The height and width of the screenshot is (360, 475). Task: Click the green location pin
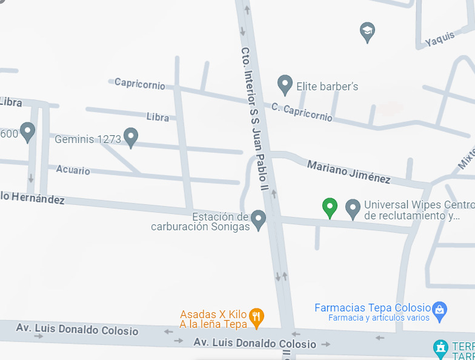(x=330, y=207)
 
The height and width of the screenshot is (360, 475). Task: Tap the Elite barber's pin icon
(x=285, y=85)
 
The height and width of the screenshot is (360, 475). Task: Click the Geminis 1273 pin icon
(x=131, y=138)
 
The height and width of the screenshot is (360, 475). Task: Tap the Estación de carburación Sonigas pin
(x=259, y=219)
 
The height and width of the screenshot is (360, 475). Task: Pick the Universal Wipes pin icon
(x=353, y=208)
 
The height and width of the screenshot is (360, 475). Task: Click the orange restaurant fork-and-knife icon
(x=257, y=316)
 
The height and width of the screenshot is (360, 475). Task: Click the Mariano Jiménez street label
(x=348, y=172)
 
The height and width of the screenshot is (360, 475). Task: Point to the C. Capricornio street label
(x=302, y=112)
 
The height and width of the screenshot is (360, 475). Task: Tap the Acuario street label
(x=73, y=170)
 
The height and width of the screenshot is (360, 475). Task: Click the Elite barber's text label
(x=327, y=87)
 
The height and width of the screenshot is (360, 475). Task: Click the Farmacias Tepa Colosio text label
(x=373, y=308)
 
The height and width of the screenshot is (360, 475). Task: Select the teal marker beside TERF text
(x=440, y=348)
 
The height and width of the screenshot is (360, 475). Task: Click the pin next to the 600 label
(x=27, y=132)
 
